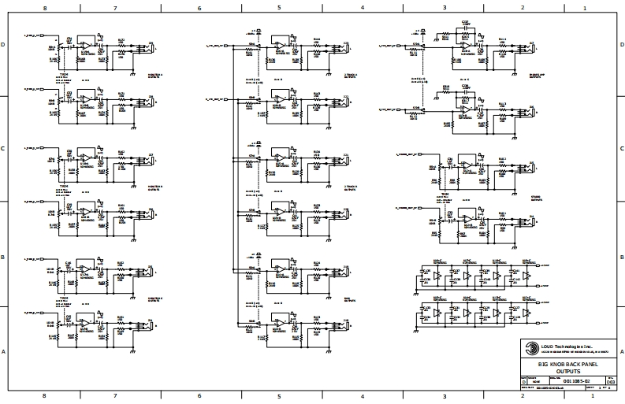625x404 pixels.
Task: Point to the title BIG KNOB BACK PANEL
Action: (567, 364)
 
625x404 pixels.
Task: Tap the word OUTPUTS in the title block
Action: (567, 370)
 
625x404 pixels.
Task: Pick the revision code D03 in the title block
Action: (609, 381)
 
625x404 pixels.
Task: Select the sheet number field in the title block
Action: (604, 388)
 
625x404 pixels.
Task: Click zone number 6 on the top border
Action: (199, 8)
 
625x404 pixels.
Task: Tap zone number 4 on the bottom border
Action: (362, 397)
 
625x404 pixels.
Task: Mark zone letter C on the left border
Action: (6, 148)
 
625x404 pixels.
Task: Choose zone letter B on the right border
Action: (619, 257)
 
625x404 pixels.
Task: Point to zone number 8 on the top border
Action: (43, 8)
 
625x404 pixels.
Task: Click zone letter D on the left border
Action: (6, 45)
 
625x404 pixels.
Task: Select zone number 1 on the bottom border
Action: (583, 397)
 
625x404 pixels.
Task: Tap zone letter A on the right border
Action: (619, 351)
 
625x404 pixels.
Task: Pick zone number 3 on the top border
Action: (445, 8)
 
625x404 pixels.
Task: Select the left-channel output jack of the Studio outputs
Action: (532, 168)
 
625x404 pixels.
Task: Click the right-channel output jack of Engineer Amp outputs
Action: (532, 110)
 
